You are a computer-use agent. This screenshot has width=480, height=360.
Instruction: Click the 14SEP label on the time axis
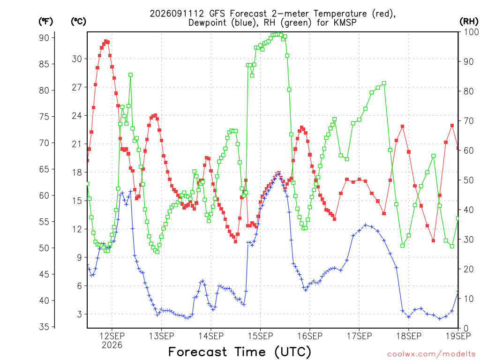click(x=211, y=336)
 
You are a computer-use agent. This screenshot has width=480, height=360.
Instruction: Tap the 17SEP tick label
click(x=360, y=336)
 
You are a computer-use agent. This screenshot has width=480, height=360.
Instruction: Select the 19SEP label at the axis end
click(x=458, y=336)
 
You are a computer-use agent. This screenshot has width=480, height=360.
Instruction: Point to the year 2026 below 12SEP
click(x=112, y=345)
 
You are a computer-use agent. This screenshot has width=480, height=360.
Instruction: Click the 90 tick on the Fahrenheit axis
click(x=44, y=38)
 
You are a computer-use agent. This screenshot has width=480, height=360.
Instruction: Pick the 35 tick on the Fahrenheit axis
click(x=44, y=327)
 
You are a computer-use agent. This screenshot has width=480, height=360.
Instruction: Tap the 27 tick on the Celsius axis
click(x=77, y=87)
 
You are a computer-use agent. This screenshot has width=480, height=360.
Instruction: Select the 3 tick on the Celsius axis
click(x=80, y=314)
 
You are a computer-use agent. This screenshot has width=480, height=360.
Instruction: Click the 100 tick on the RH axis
click(x=471, y=32)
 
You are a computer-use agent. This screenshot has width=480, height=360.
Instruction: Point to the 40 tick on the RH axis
click(x=469, y=210)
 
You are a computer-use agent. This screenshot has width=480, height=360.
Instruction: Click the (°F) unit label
click(x=45, y=22)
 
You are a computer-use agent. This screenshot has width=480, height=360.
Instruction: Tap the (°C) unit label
click(x=78, y=22)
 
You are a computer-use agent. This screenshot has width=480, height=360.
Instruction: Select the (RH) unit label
click(x=469, y=22)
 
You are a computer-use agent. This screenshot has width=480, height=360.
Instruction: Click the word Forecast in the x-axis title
click(x=198, y=352)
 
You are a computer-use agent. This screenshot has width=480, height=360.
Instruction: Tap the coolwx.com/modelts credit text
click(x=431, y=354)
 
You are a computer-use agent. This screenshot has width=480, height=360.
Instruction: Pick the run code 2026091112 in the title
click(x=177, y=14)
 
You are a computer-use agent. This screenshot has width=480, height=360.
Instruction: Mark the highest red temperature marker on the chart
click(x=106, y=41)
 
